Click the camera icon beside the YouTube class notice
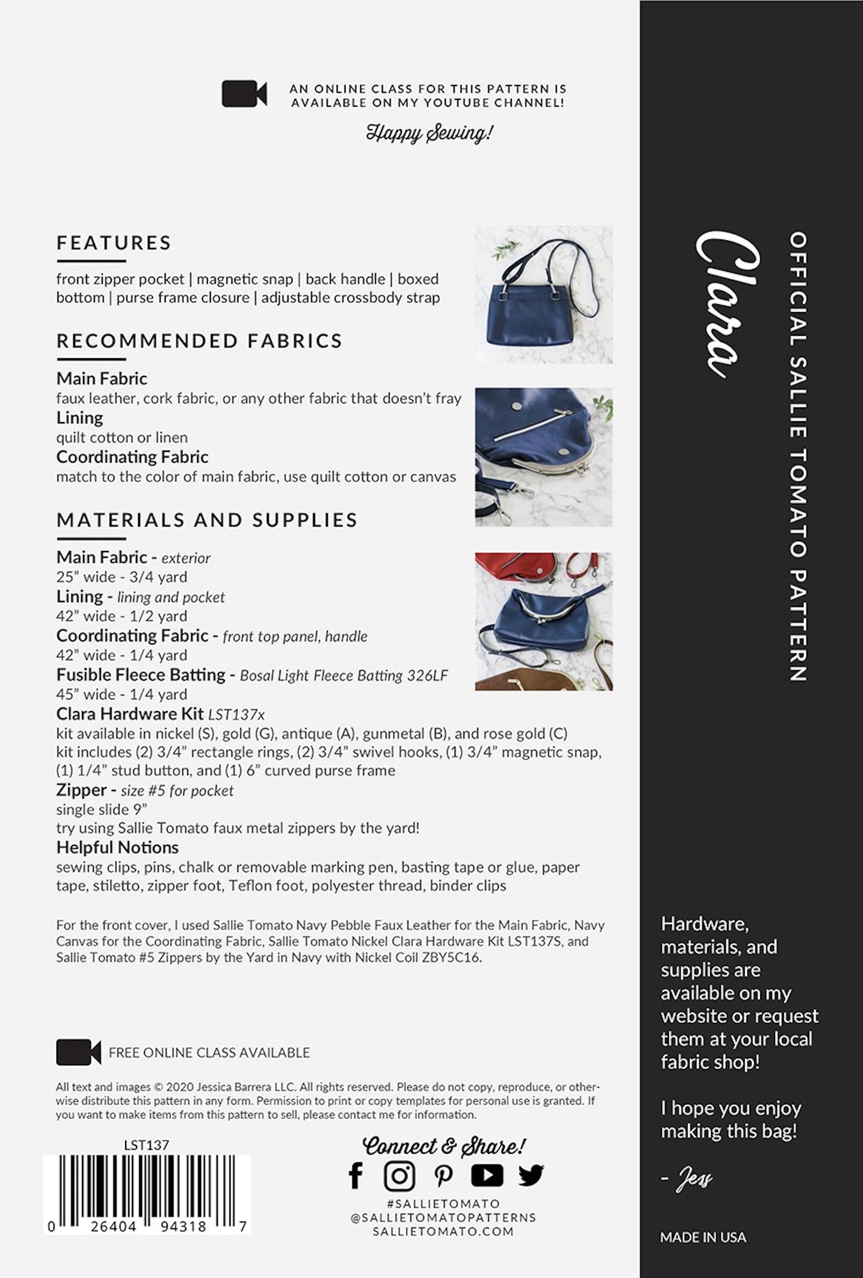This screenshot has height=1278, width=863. coord(244,94)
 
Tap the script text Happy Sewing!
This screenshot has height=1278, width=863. coord(429,133)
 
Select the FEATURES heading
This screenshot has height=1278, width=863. coord(114,243)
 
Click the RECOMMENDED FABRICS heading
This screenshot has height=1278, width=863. coord(199,341)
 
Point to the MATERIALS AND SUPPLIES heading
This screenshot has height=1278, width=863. coord(207,520)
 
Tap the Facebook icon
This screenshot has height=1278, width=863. coord(356,1175)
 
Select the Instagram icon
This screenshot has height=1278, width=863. coord(399,1175)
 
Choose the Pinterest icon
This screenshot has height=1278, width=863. coord(443,1175)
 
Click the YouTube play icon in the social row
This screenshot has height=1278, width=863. coord(487,1175)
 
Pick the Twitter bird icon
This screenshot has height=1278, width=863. coord(530,1175)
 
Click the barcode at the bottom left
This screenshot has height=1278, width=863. coord(147,1189)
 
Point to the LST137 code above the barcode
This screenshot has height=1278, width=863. coord(146,1145)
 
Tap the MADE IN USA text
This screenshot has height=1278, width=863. coord(703,1237)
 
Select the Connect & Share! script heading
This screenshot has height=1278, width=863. coord(444,1145)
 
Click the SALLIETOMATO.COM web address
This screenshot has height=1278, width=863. coord(443,1231)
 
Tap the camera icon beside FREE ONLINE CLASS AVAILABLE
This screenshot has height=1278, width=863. coord(78,1052)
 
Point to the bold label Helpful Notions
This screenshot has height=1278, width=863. coord(117,847)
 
